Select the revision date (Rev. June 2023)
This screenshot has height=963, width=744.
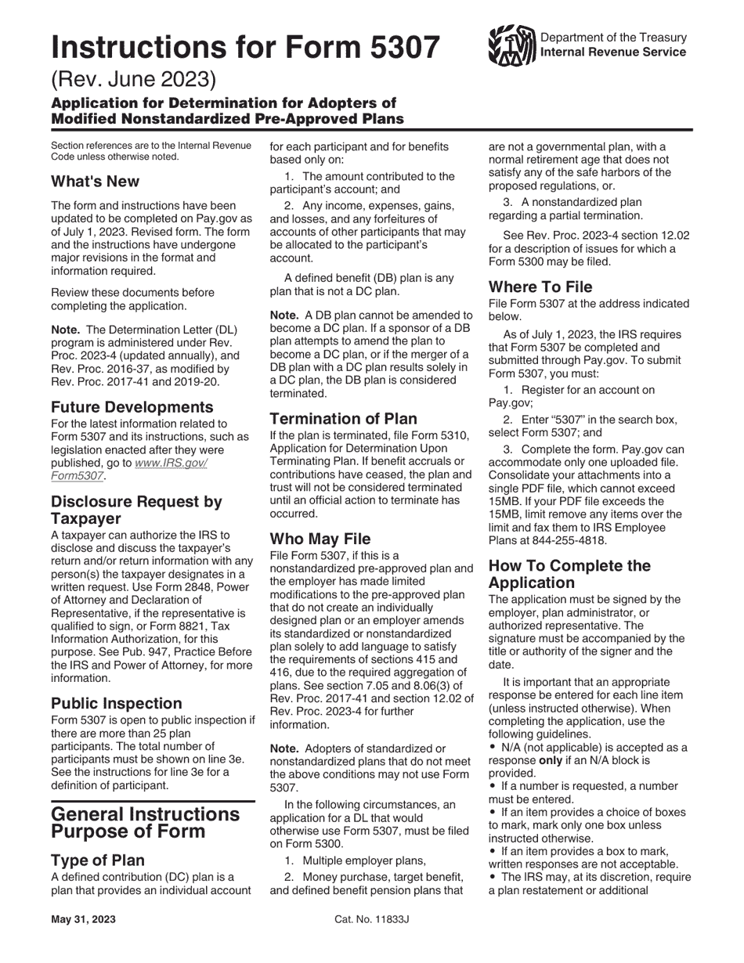(132, 80)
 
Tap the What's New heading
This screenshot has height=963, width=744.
(95, 182)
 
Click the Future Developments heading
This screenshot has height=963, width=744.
(132, 407)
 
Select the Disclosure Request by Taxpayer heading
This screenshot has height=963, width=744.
(136, 510)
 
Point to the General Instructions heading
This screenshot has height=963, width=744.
(145, 814)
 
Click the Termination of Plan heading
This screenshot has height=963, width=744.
(344, 419)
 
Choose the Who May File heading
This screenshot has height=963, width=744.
(320, 539)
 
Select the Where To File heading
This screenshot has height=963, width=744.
(540, 287)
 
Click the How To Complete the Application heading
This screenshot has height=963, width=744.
(569, 574)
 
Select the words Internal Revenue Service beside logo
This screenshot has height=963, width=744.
(613, 52)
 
